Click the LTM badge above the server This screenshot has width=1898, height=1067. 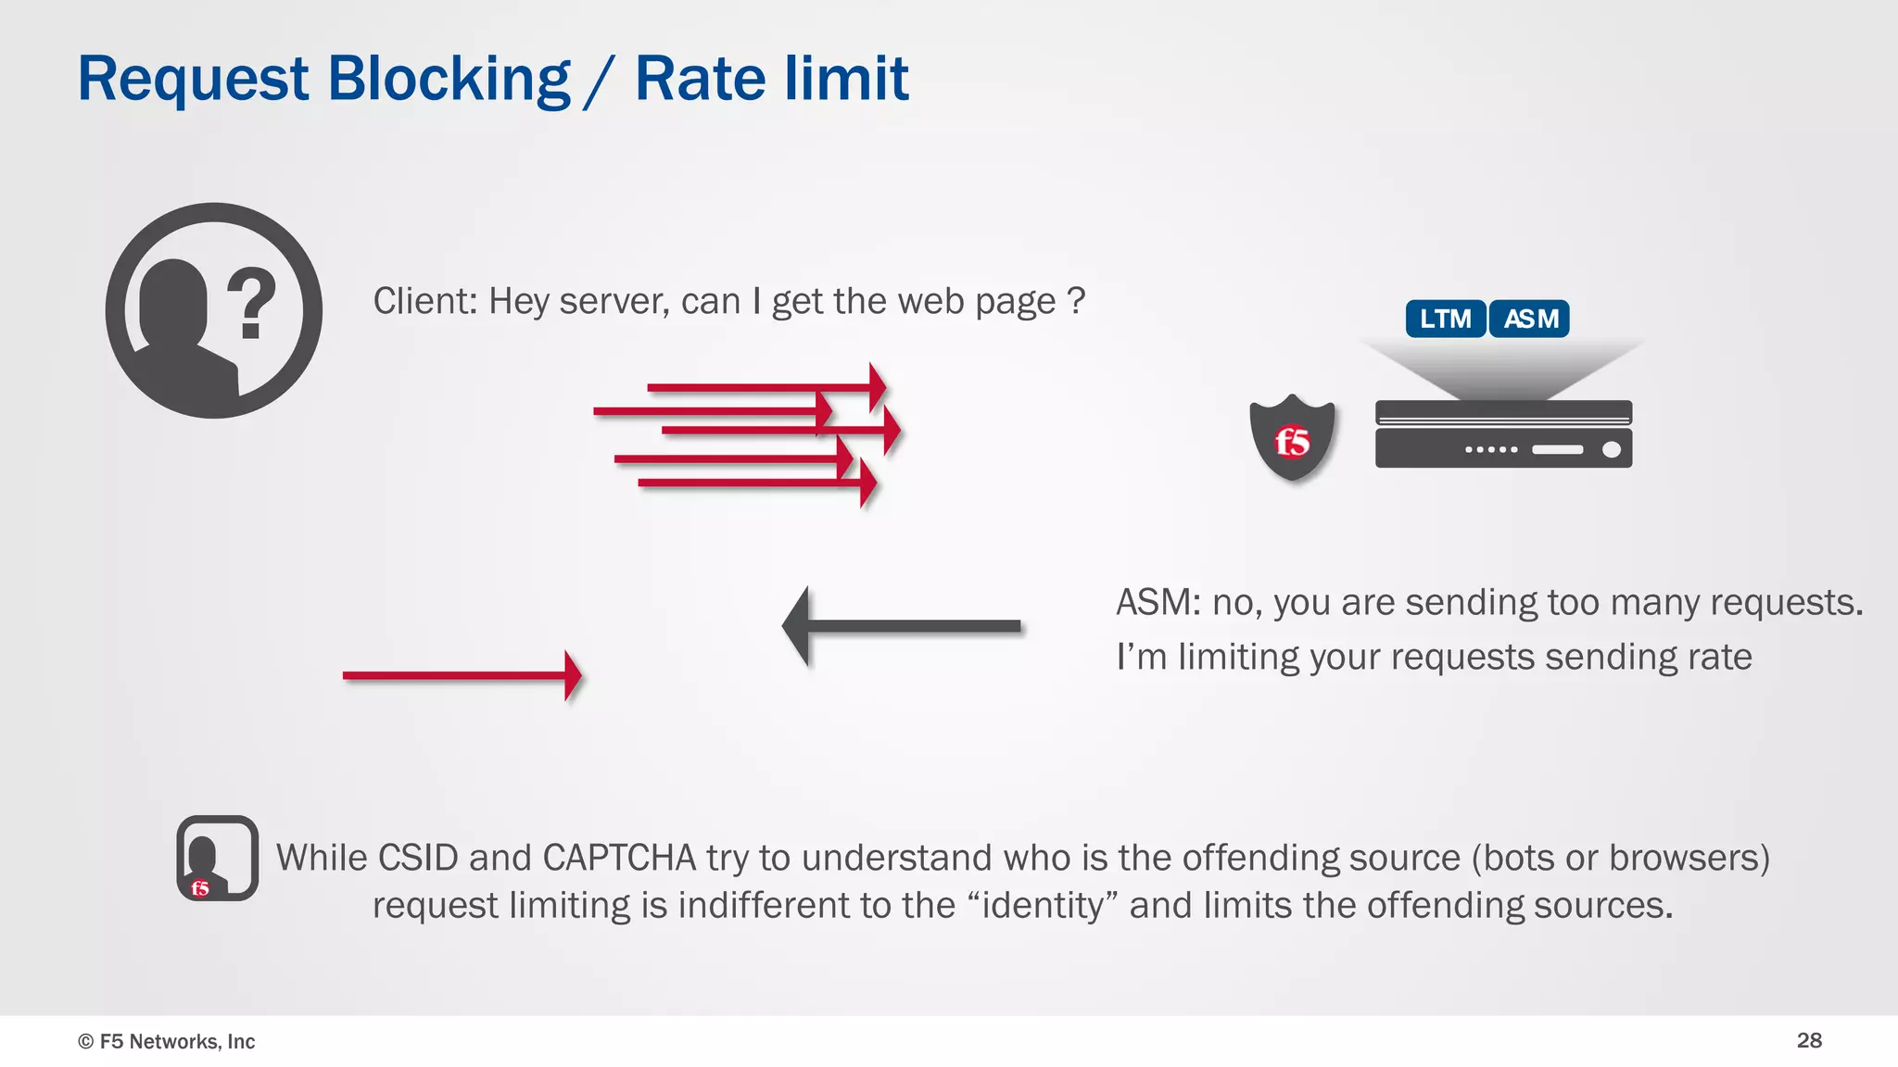1445,319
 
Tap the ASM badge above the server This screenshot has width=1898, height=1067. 1529,319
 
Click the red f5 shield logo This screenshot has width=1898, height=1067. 1292,439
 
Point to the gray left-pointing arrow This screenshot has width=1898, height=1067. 901,626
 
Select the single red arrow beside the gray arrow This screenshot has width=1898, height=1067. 462,675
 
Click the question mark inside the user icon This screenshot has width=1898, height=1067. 251,303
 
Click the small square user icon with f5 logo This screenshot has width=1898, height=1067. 218,858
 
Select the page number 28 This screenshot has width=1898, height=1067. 1809,1040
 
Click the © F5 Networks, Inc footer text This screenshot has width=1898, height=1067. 167,1041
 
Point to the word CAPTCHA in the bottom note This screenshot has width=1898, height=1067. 618,858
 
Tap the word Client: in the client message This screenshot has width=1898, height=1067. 424,301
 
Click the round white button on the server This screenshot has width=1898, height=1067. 1612,449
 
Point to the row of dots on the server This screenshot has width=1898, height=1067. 1491,449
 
